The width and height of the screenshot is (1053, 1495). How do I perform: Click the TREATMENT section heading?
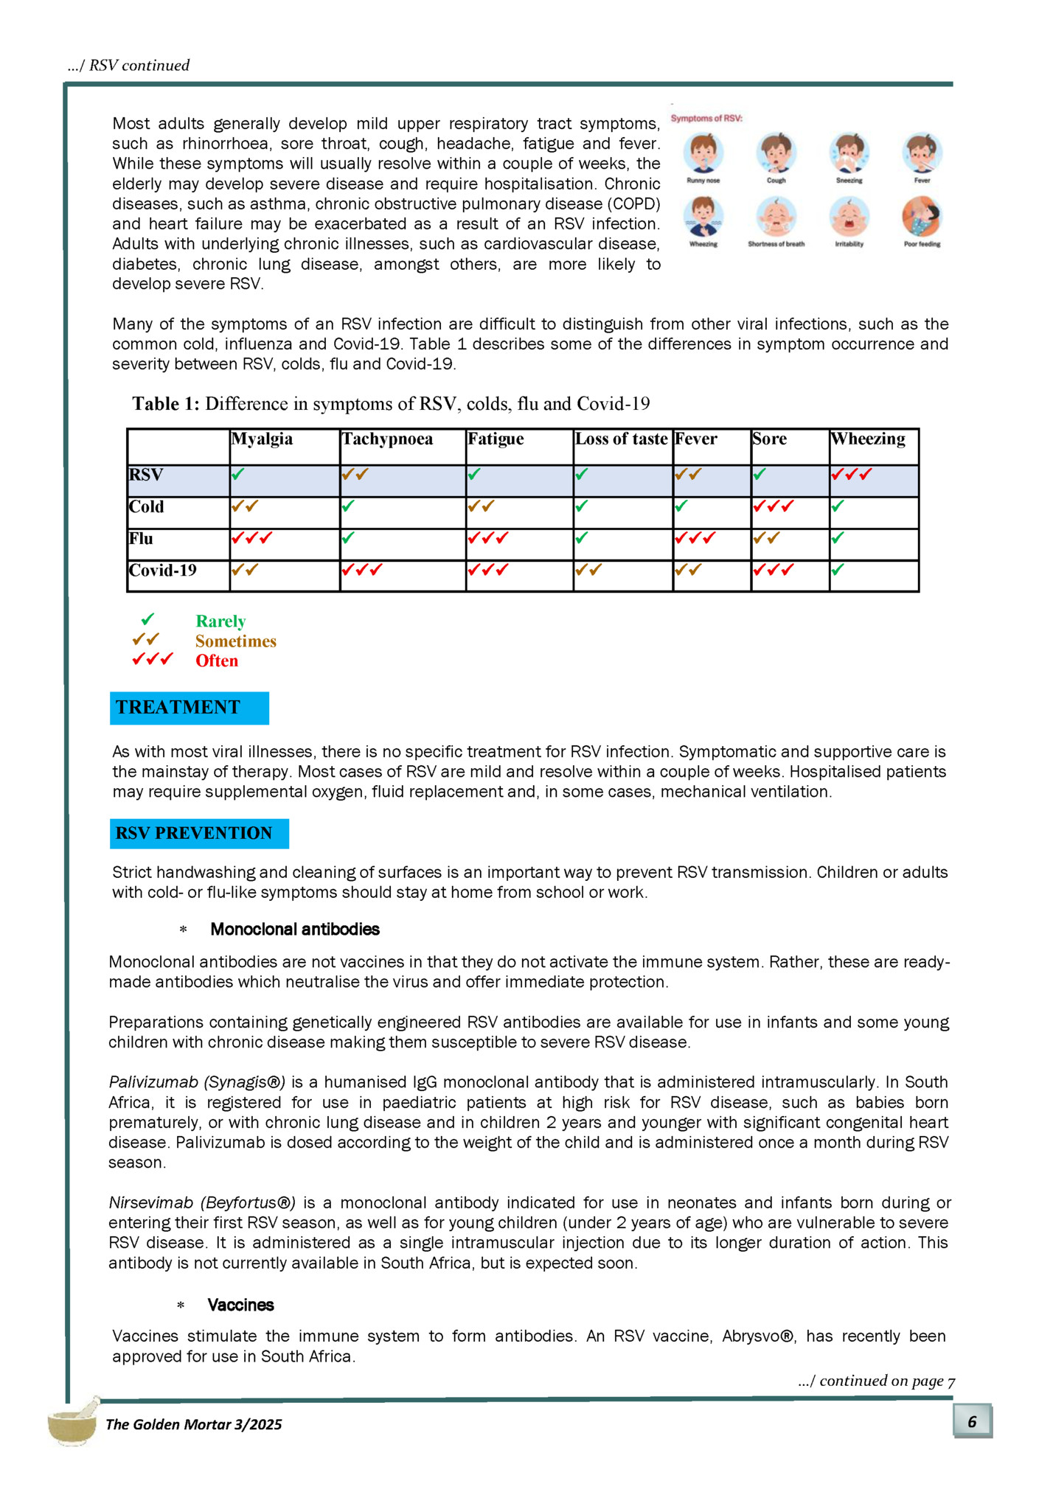pyautogui.click(x=189, y=708)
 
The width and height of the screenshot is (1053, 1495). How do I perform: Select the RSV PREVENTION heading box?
pyautogui.click(x=199, y=833)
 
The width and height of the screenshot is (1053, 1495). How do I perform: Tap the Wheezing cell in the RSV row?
pyautogui.click(x=874, y=481)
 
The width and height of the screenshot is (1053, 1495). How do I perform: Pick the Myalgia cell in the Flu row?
pyautogui.click(x=284, y=544)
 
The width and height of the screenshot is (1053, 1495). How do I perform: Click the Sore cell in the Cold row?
pyautogui.click(x=789, y=512)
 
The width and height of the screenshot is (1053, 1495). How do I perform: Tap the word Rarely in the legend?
pyautogui.click(x=220, y=621)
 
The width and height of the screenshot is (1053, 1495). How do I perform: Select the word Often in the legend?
pyautogui.click(x=217, y=661)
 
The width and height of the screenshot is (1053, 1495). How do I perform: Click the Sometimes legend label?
pyautogui.click(x=235, y=641)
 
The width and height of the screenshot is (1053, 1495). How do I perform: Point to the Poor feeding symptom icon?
pyautogui.click(x=922, y=217)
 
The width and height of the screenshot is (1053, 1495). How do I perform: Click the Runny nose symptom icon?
pyautogui.click(x=703, y=153)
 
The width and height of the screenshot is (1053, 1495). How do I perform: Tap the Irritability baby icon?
pyautogui.click(x=849, y=217)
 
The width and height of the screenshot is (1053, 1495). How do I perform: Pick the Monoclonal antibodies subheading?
pyautogui.click(x=295, y=929)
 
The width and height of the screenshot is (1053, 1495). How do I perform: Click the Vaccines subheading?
pyautogui.click(x=240, y=1305)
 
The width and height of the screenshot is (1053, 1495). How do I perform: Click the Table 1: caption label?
pyautogui.click(x=166, y=404)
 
